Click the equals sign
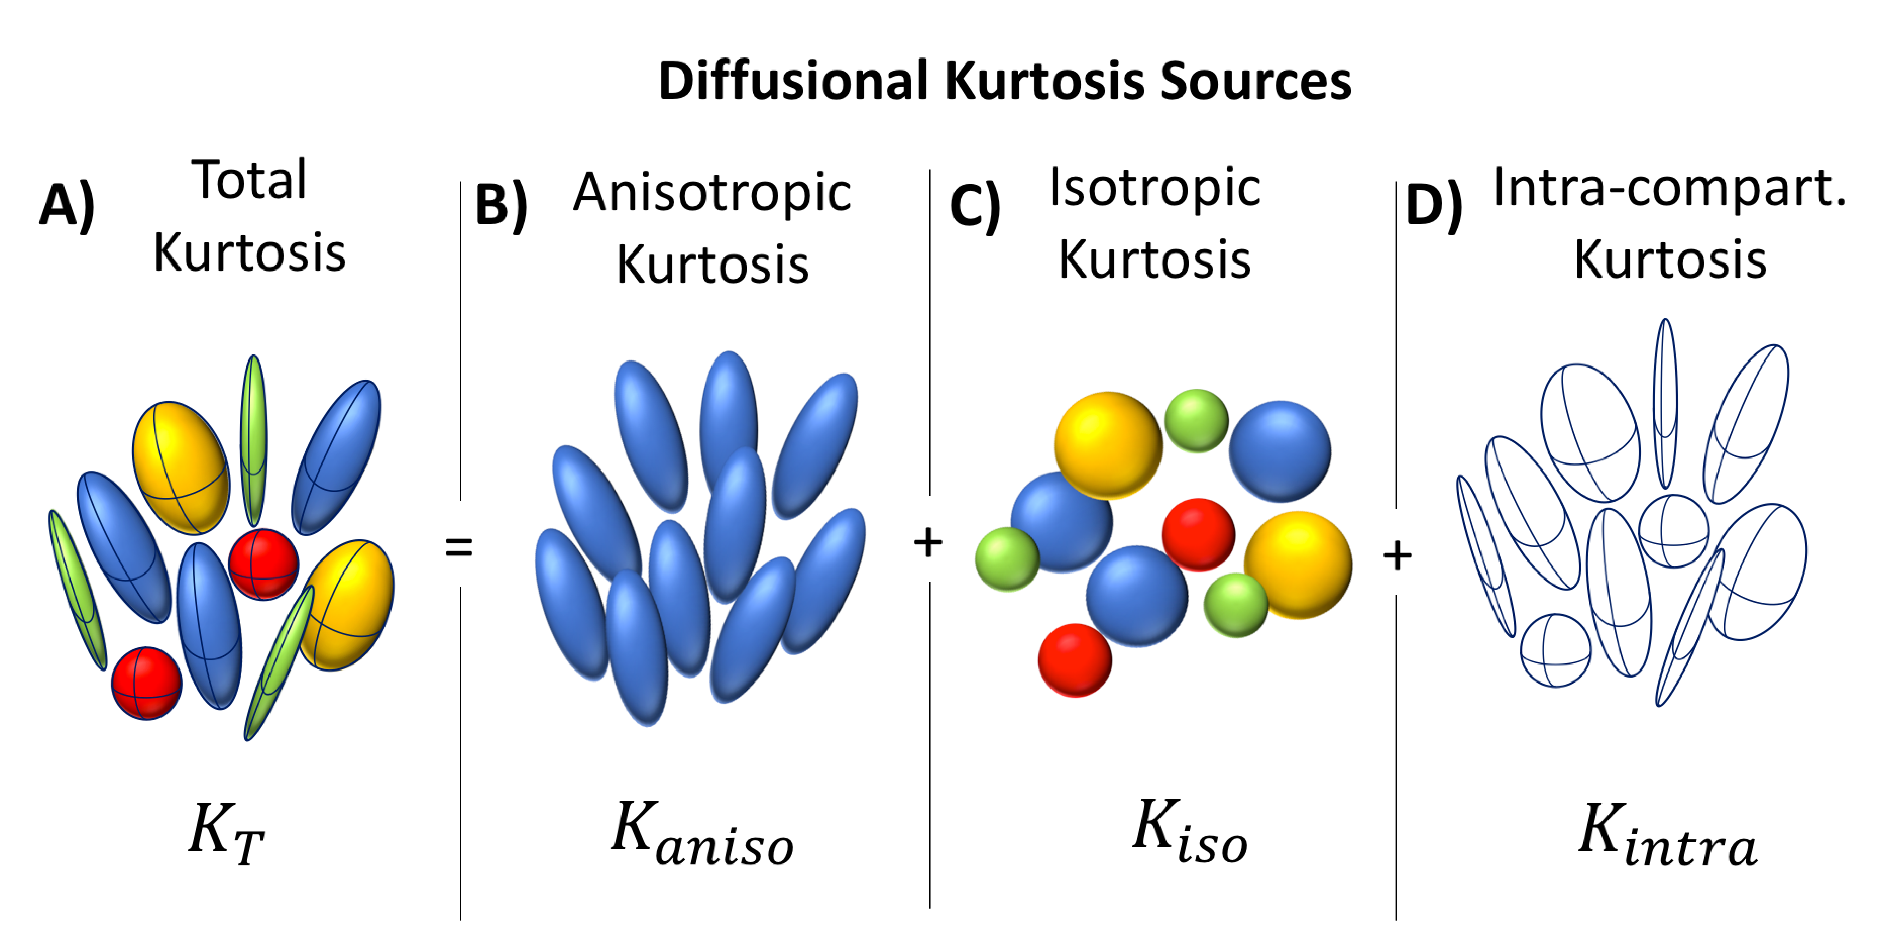(459, 547)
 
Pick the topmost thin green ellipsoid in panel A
(254, 439)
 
